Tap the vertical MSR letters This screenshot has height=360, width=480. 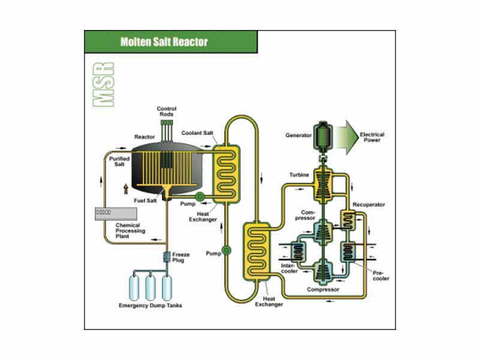pos(104,83)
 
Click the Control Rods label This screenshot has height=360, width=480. pos(166,112)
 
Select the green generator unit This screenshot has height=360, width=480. pos(325,136)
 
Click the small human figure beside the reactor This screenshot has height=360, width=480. pos(126,188)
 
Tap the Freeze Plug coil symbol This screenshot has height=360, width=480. pos(166,257)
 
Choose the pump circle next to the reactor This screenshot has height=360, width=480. pos(200,196)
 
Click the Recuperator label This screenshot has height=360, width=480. pos(369,205)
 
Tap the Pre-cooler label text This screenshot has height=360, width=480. pos(380,275)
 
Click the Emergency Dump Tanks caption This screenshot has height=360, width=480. pos(150,306)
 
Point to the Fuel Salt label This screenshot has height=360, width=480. pos(146,201)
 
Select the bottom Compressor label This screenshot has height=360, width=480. pos(323,289)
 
